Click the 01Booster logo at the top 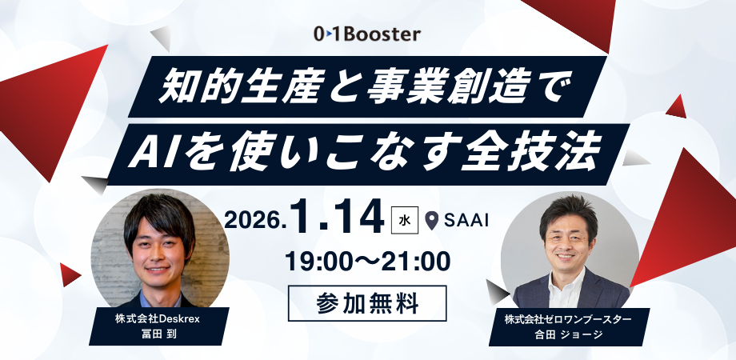click(x=367, y=35)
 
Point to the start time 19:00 click(x=320, y=261)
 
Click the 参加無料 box click(x=367, y=302)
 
